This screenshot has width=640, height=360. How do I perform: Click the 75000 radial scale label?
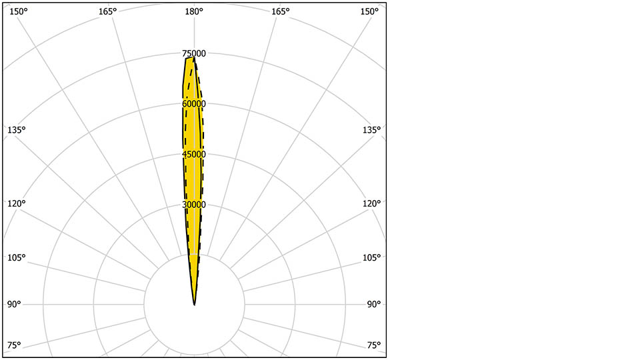point(194,53)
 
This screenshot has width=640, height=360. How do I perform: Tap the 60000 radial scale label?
point(194,104)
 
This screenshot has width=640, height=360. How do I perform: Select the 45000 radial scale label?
point(194,154)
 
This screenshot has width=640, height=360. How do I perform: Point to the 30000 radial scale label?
point(194,205)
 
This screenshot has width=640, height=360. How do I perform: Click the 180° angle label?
point(194,11)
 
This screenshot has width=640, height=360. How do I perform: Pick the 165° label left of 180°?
point(107,11)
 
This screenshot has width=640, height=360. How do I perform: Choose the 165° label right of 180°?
point(281,11)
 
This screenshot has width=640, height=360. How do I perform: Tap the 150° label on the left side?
point(19,11)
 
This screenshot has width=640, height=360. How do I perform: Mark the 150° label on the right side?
point(369,11)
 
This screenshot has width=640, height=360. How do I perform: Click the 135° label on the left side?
point(16,130)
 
